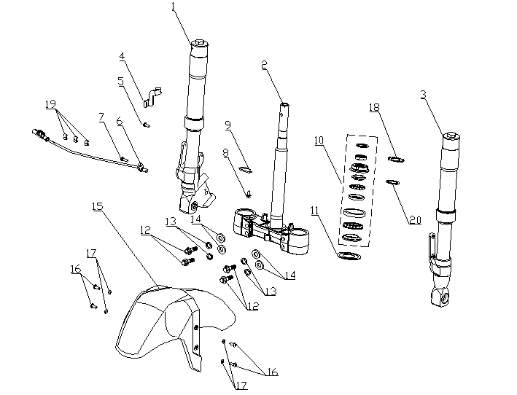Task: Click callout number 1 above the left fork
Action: click(174, 7)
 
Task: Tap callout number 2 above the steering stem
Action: click(264, 65)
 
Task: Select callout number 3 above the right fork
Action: click(424, 95)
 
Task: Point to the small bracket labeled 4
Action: click(152, 97)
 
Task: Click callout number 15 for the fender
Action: click(98, 206)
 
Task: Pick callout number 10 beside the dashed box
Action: click(319, 141)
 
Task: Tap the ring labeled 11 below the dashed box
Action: click(349, 255)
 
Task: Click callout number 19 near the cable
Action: click(50, 104)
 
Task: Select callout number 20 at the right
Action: click(416, 220)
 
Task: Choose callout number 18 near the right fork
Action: click(374, 107)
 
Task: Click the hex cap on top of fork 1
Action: click(200, 43)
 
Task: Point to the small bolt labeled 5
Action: click(146, 125)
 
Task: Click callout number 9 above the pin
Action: click(228, 125)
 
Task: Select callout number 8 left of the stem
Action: click(225, 153)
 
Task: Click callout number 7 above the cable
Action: click(101, 117)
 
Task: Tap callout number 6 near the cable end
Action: click(120, 121)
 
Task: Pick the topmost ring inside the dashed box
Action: click(362, 145)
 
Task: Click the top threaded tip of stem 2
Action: click(285, 105)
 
